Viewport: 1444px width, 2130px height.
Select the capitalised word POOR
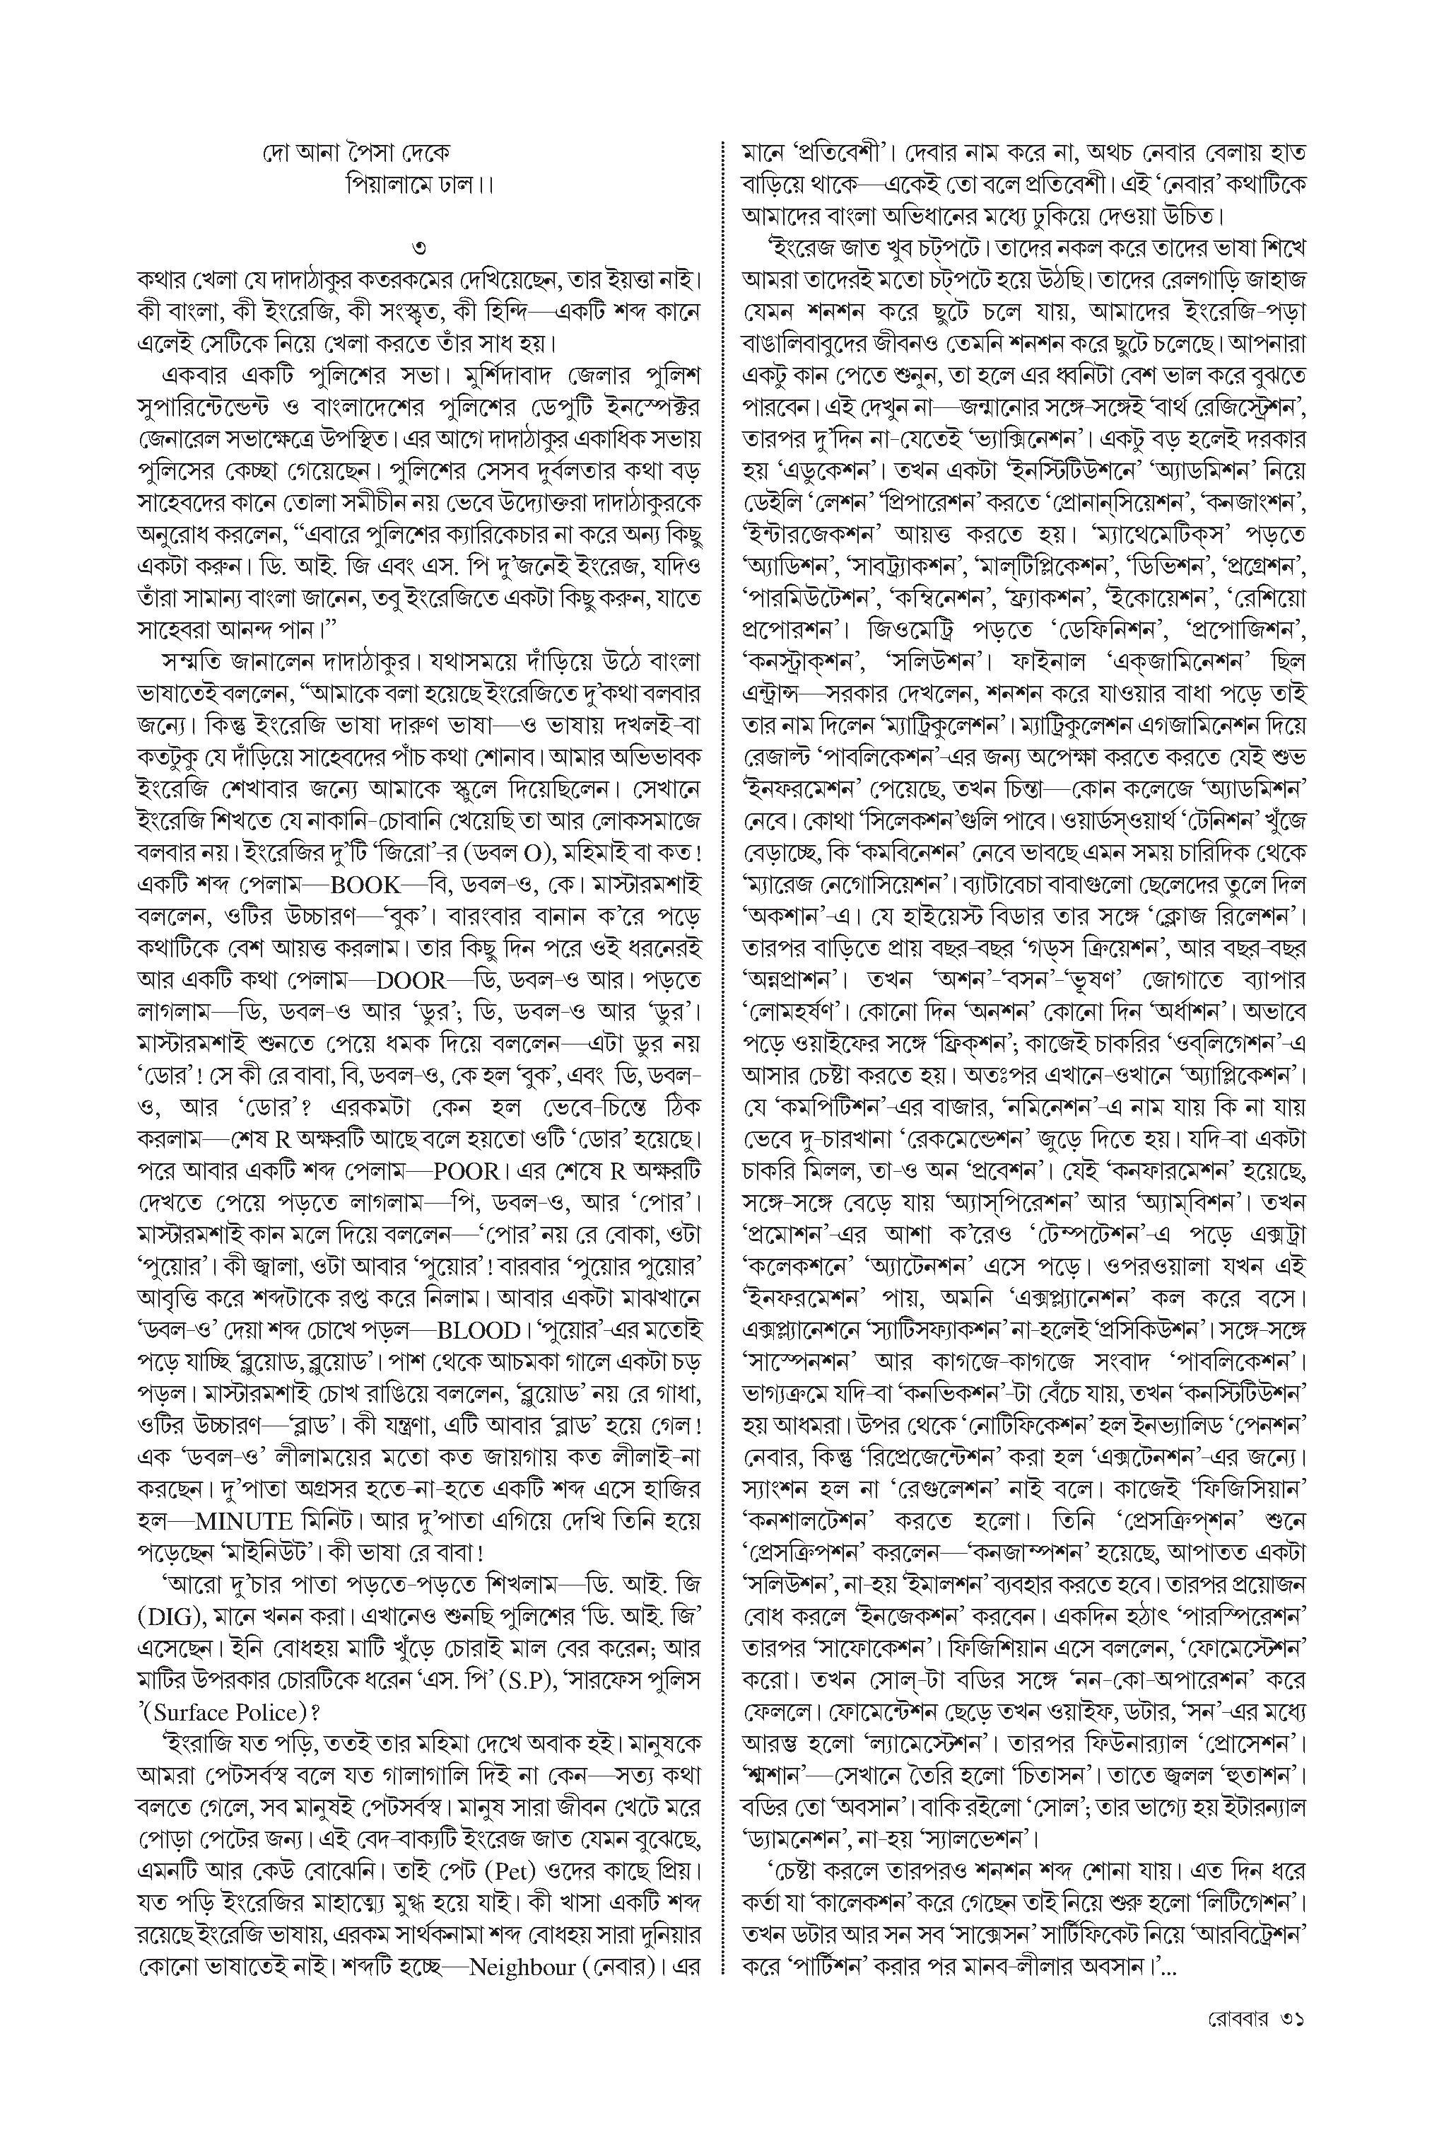tap(467, 1171)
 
